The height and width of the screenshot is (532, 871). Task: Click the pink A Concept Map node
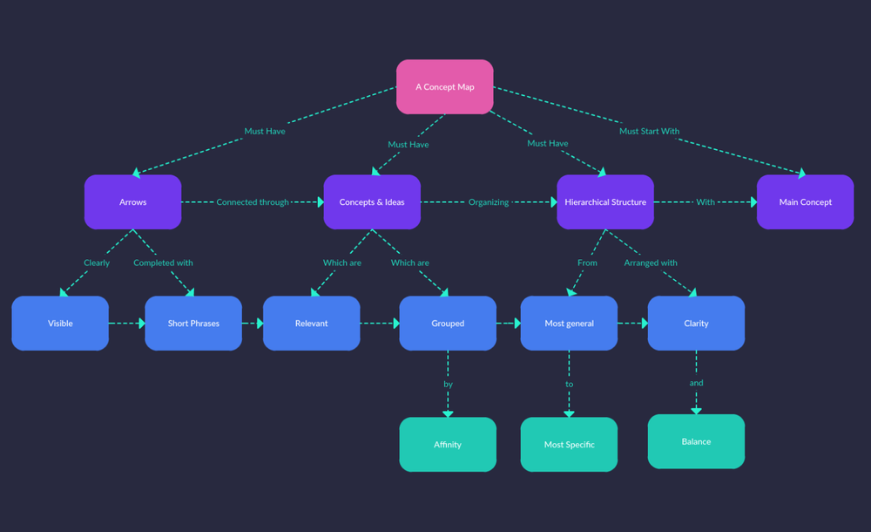(x=444, y=86)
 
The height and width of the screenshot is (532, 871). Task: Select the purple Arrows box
(x=132, y=201)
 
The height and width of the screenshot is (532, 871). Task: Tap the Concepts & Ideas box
(x=372, y=201)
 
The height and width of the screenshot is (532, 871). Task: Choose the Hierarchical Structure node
(x=604, y=201)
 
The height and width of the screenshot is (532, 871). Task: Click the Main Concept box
(x=805, y=201)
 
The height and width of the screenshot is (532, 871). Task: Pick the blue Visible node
(x=60, y=323)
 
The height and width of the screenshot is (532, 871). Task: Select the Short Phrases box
(x=193, y=323)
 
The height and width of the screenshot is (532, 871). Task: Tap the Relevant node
(x=311, y=323)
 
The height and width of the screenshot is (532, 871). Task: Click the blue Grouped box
(x=448, y=323)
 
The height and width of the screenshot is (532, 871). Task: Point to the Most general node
(x=569, y=323)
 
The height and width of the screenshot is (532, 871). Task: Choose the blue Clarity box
(x=696, y=323)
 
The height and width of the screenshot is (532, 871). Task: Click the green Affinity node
(x=448, y=444)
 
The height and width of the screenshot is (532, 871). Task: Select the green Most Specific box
(x=569, y=444)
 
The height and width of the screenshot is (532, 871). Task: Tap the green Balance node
(x=696, y=441)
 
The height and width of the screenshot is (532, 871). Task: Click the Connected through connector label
(x=253, y=202)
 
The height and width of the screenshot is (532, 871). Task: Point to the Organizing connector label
(x=489, y=202)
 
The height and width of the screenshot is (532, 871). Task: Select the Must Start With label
(x=649, y=132)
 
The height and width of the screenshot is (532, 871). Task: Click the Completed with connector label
(x=163, y=263)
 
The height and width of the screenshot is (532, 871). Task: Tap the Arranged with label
(x=650, y=263)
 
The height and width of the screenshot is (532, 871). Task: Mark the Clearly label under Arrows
(x=97, y=263)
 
